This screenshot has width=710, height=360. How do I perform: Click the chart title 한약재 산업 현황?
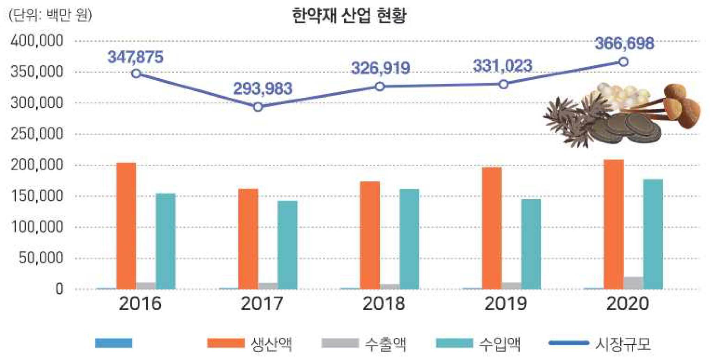349,16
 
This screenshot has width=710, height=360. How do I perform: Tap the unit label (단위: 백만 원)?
50,15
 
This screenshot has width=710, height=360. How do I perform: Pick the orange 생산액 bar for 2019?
492,228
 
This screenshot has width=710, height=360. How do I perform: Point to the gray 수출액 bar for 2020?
633,283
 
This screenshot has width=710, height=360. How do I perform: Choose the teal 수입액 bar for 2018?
409,239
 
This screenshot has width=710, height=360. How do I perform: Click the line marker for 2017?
258,107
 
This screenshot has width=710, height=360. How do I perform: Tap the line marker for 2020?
624,62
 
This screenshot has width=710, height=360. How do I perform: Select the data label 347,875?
135,57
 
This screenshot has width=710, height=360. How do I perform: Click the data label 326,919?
380,68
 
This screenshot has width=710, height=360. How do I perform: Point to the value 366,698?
624,44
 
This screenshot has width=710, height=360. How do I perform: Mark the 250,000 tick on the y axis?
37,134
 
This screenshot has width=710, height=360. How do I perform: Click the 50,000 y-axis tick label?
41,258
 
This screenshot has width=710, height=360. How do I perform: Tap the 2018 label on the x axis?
384,303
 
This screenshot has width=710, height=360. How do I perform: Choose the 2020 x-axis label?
628,303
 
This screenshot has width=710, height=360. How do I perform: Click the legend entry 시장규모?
623,344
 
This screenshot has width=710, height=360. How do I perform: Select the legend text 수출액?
386,344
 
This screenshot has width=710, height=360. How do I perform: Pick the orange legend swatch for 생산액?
226,343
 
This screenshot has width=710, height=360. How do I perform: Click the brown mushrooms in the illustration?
680,105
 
